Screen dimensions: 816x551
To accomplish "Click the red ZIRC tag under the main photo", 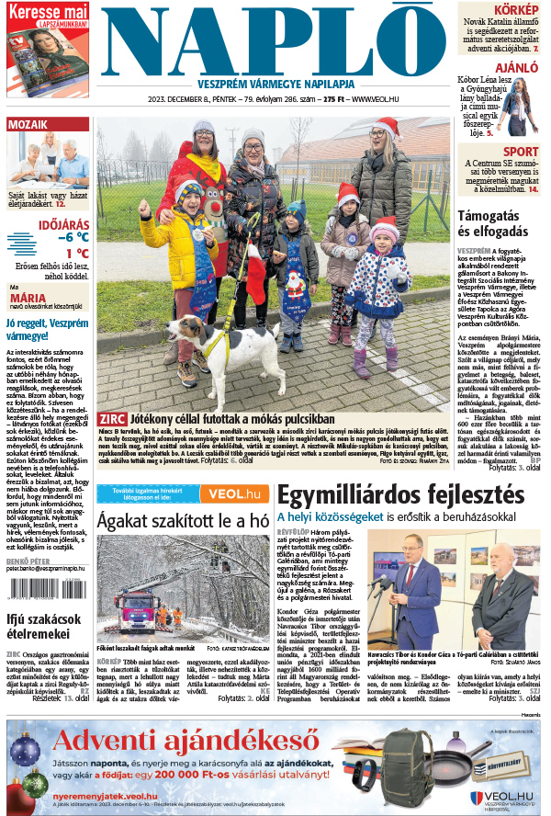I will tap(107, 419).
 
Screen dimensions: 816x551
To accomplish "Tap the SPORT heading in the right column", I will tap(521, 152).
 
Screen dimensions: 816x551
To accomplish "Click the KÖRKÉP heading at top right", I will tap(516, 8).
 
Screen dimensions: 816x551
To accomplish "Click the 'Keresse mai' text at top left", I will tap(48, 11).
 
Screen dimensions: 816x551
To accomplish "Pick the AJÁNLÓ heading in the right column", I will tap(517, 68).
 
